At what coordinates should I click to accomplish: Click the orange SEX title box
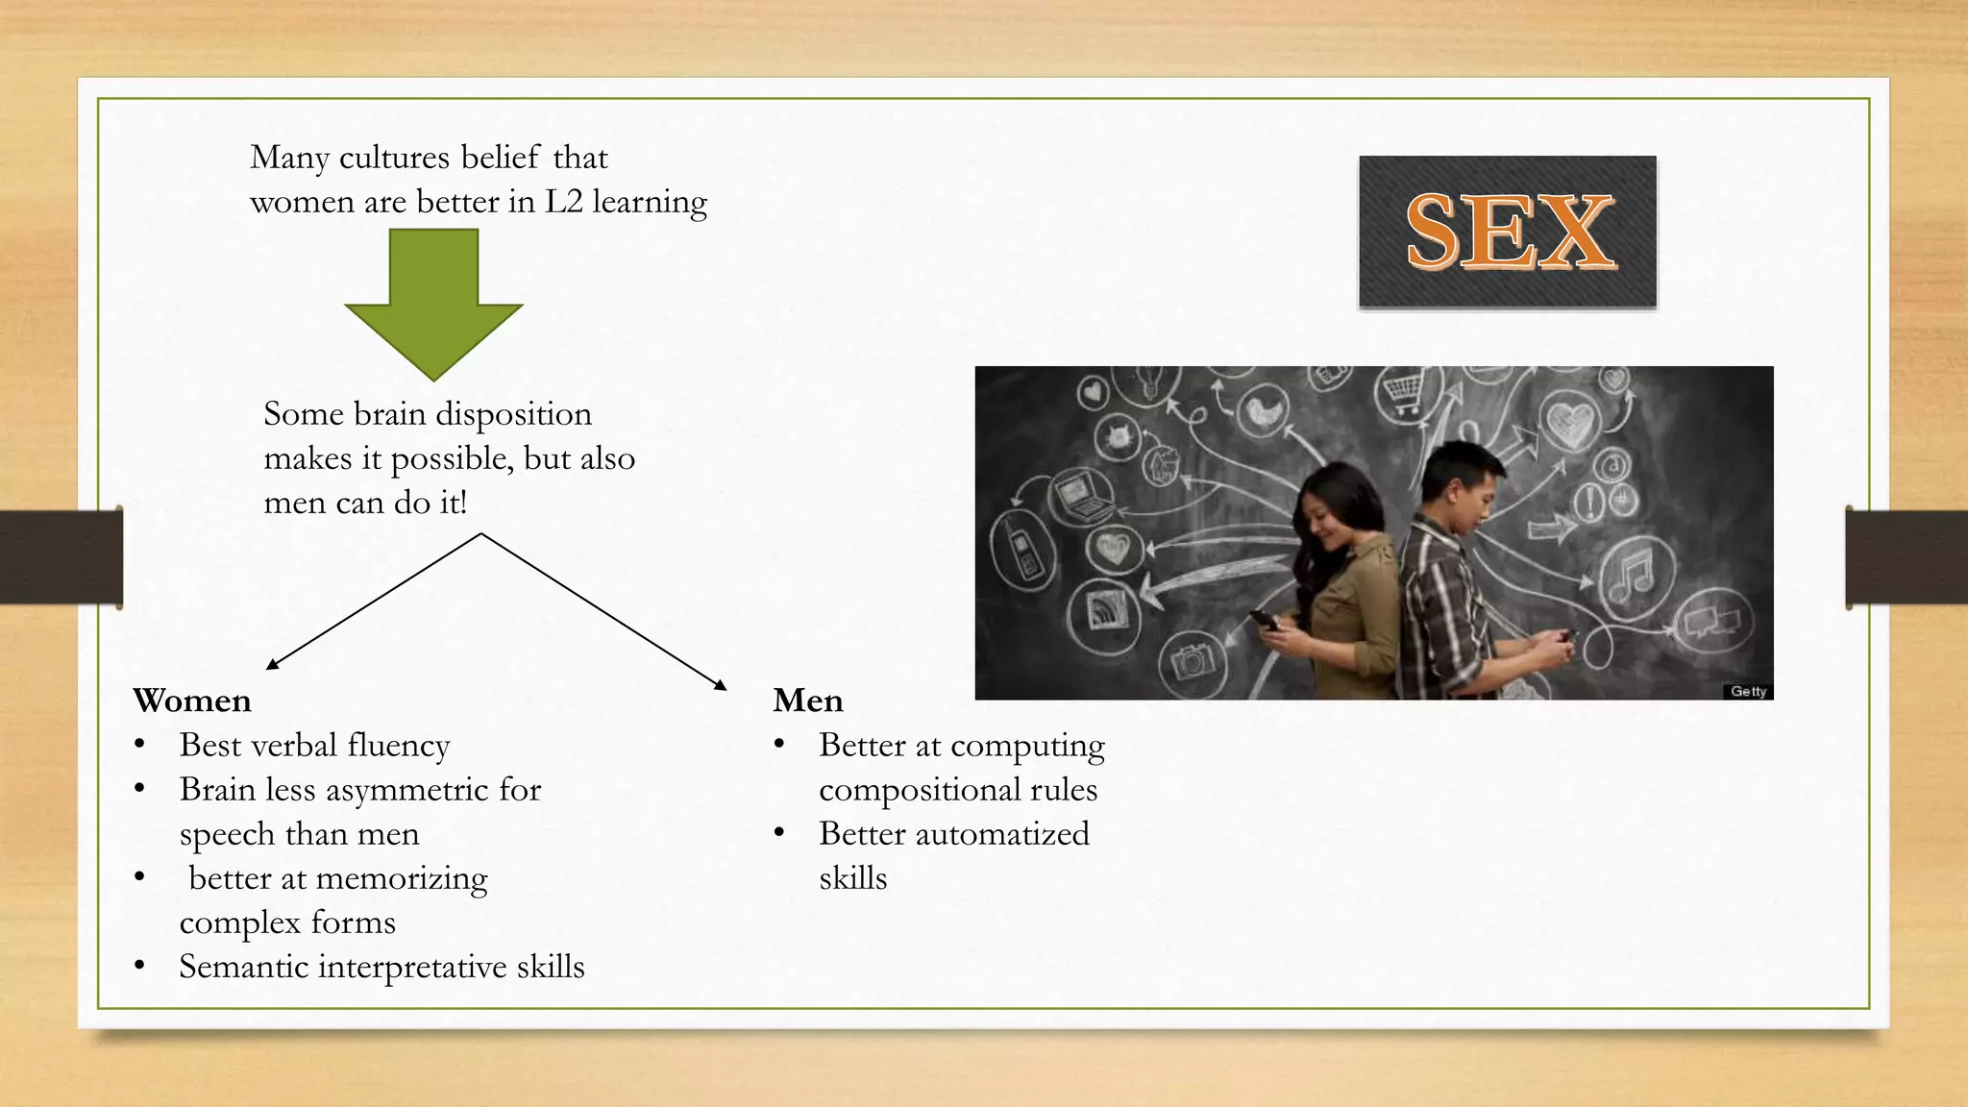pos(1507,232)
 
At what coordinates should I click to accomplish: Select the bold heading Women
pos(192,701)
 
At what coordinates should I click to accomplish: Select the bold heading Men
pos(808,701)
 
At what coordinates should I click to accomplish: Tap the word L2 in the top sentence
pos(564,202)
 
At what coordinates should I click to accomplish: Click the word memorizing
pos(402,878)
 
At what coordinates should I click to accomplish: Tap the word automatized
pos(1002,834)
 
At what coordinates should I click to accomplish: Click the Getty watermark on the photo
pos(1747,691)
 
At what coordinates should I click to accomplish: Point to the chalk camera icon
pos(1193,660)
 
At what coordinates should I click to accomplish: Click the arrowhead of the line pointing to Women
pos(272,663)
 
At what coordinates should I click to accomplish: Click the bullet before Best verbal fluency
pos(140,745)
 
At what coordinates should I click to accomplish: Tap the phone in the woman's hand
pos(1265,620)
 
